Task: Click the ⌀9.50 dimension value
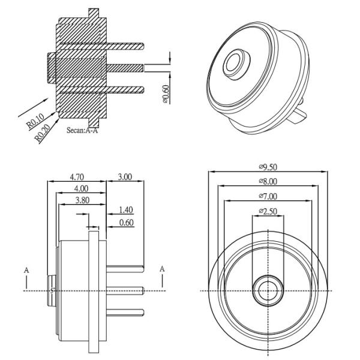(268, 166)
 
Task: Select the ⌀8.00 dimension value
(268, 181)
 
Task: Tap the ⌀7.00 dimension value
(268, 196)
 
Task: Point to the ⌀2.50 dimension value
(268, 211)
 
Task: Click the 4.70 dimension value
(76, 177)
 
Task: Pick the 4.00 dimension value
(80, 188)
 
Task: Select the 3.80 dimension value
(82, 200)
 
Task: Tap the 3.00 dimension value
(125, 177)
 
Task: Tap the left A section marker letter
(26, 270)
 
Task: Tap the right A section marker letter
(162, 268)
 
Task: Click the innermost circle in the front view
(268, 290)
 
